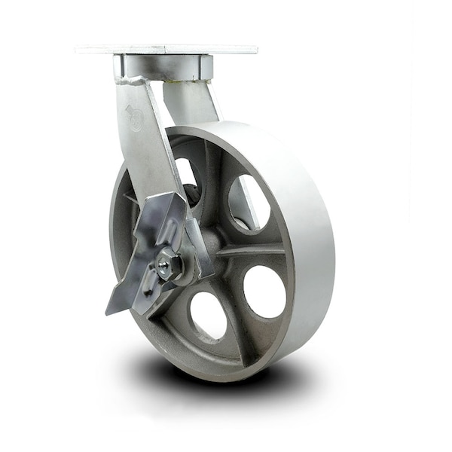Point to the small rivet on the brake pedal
point(148,290)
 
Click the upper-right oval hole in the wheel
point(248,203)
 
